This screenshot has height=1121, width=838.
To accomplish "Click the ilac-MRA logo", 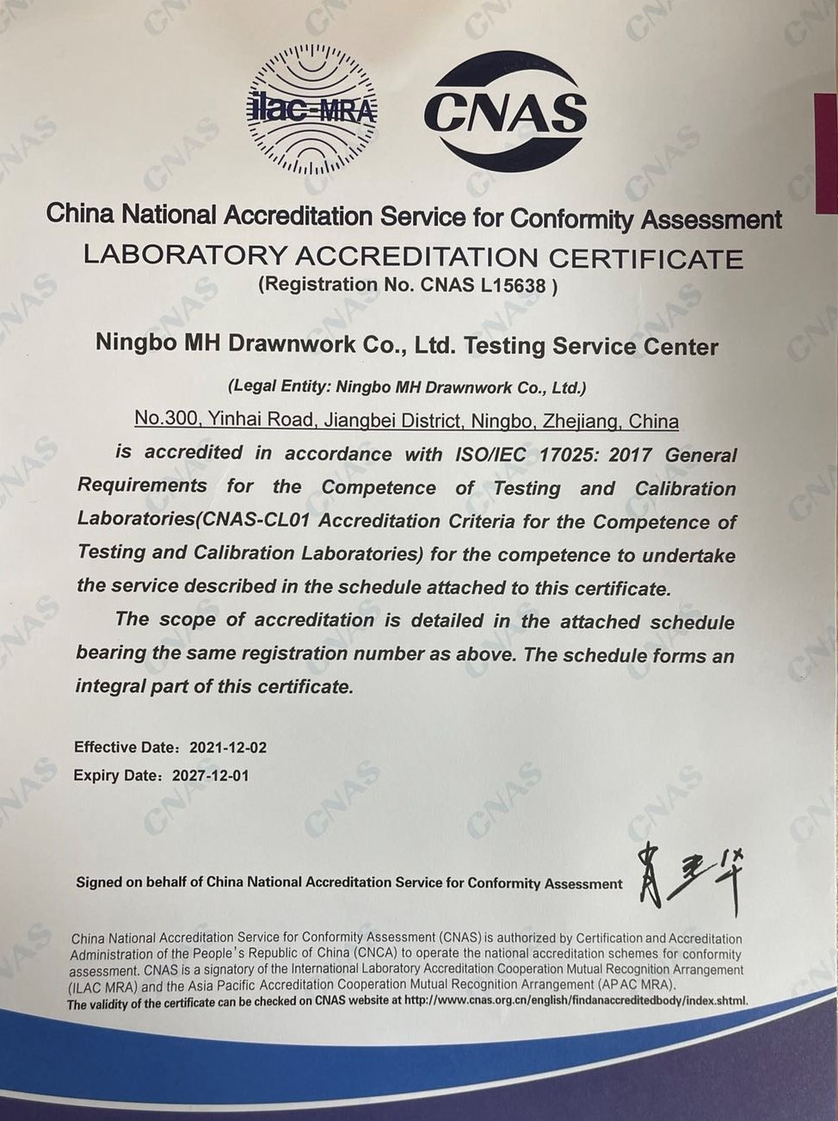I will [312, 109].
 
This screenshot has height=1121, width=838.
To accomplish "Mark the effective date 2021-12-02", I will [228, 747].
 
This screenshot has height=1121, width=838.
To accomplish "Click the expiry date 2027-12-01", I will [211, 775].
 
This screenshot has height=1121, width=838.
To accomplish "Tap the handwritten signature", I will [689, 878].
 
